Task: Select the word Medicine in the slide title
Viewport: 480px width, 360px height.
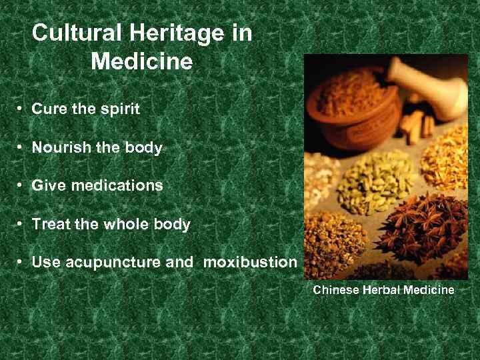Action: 141,62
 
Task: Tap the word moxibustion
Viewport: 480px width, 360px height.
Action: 250,263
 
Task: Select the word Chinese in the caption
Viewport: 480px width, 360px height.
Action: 333,290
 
